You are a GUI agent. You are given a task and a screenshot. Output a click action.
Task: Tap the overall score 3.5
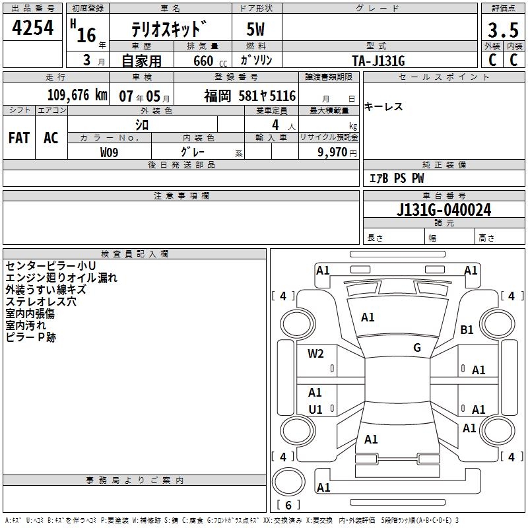click(502, 30)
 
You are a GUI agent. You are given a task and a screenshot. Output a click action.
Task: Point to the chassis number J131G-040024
click(444, 210)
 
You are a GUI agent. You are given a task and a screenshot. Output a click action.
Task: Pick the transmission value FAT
click(19, 137)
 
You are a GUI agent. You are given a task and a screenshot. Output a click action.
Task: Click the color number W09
click(110, 152)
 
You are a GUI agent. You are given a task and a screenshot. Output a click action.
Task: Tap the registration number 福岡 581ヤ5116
click(249, 96)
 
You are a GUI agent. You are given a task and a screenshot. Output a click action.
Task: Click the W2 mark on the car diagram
click(315, 353)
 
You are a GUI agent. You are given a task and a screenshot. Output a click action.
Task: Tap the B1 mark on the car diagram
click(467, 329)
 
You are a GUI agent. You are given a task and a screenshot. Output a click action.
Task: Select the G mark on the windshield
click(417, 348)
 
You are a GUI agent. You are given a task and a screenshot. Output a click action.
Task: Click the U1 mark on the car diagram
click(315, 409)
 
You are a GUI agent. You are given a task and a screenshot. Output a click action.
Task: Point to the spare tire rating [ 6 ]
click(288, 505)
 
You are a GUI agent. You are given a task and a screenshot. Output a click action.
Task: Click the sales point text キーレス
click(383, 107)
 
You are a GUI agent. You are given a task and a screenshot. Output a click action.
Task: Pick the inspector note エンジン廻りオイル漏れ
click(61, 278)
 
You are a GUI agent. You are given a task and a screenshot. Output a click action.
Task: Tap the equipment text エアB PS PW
click(396, 178)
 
